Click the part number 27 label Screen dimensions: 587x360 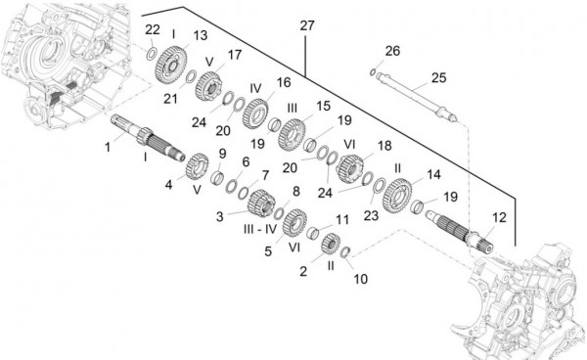tap(307, 25)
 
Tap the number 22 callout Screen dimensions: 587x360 tap(153, 29)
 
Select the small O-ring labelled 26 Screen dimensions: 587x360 tap(373, 71)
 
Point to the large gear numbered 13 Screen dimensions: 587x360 tap(171, 65)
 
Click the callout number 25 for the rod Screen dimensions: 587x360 tap(438, 78)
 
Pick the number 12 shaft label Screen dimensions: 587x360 tap(499, 217)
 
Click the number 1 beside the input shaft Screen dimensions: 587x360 tap(108, 147)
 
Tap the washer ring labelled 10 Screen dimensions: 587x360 tap(345, 252)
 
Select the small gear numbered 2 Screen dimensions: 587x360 tap(331, 244)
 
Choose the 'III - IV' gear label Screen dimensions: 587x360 tap(260, 229)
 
